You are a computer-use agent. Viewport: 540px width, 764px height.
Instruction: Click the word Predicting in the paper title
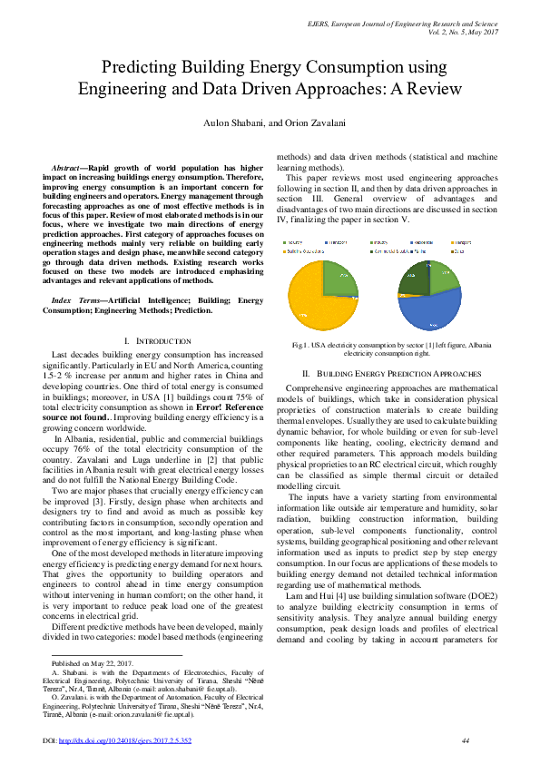[143, 67]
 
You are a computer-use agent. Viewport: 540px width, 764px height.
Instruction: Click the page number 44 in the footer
[465, 741]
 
